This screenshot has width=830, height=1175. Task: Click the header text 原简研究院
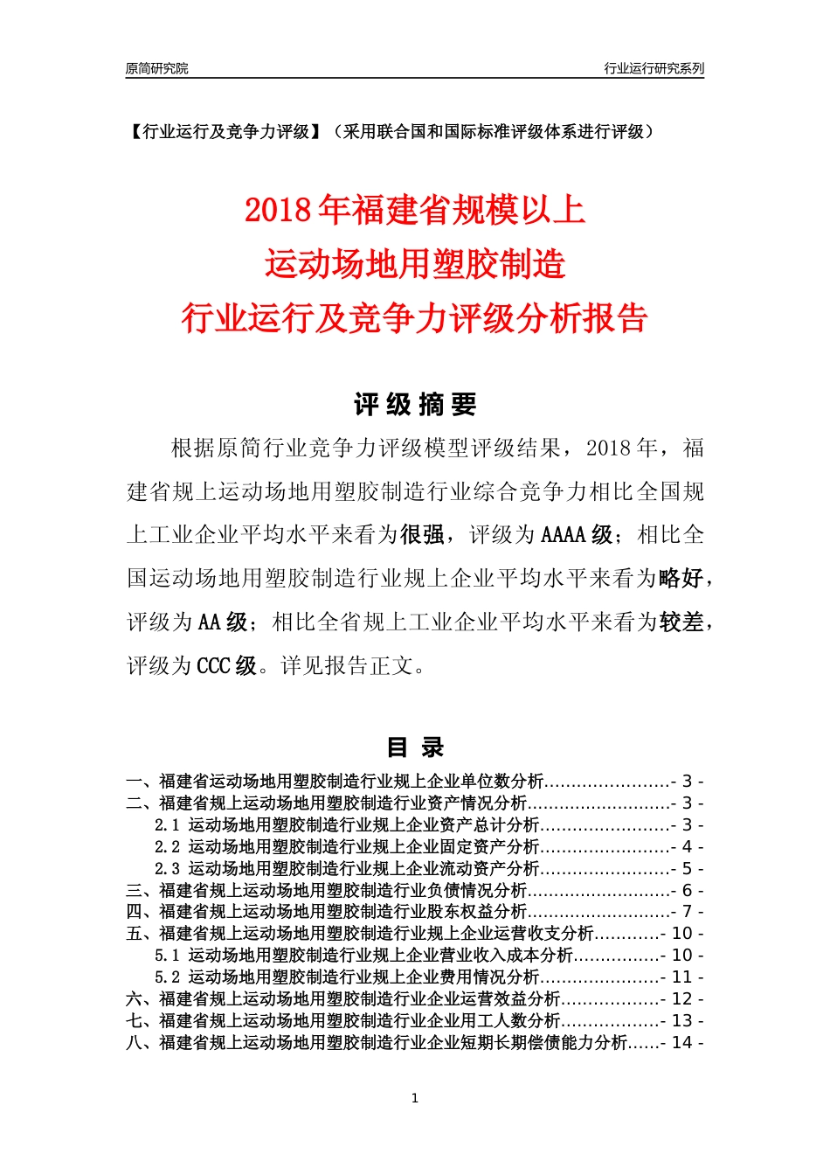pos(156,68)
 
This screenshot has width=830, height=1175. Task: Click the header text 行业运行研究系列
pos(654,68)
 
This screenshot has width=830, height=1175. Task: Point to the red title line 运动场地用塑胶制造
pos(415,264)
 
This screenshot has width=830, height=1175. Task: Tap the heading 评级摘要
pos(415,405)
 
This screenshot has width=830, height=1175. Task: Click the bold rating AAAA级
pos(577,535)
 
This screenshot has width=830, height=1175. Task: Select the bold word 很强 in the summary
pos(423,535)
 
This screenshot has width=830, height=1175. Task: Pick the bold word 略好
pos(681,579)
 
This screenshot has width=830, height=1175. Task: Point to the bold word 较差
pos(681,622)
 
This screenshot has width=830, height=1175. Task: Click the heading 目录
pos(415,747)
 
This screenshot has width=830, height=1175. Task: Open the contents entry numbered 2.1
pos(347,824)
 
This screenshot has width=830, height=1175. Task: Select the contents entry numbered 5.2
pos(347,977)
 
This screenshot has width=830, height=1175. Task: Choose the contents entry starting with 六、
pos(342,998)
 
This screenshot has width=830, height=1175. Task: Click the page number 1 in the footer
pos(415,1098)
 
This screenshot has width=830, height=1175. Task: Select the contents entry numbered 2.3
pos(347,868)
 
